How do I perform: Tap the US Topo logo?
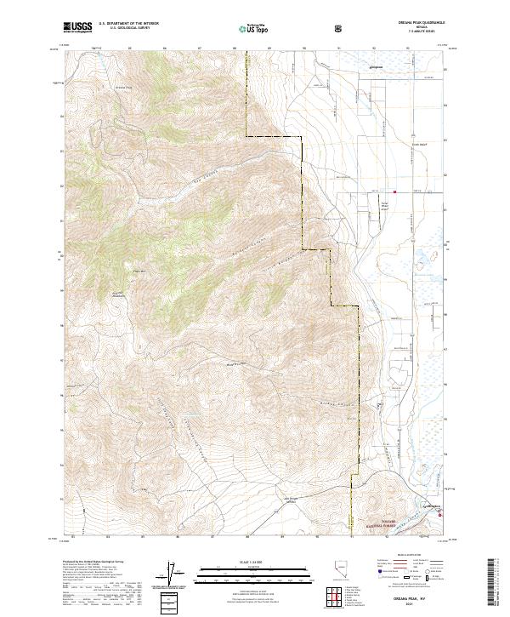246,28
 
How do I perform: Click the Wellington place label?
432,507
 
